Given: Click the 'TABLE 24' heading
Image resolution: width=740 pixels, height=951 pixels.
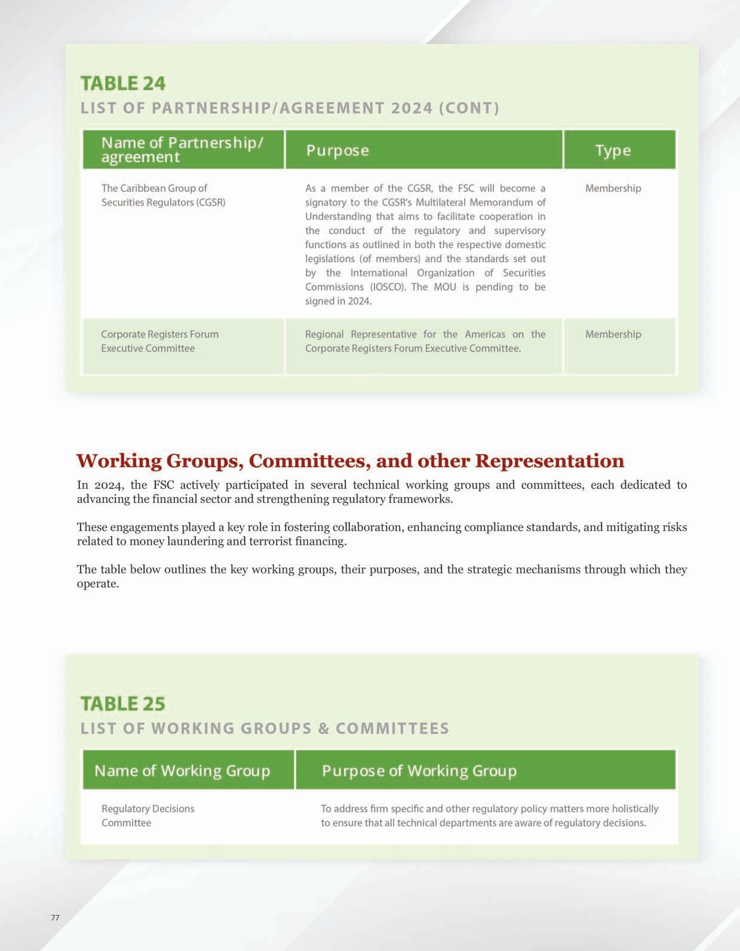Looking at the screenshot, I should coord(123,83).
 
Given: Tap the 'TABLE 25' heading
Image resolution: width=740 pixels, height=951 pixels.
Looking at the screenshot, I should coord(123,704).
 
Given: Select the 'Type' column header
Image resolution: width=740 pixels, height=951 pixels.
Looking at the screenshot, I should coord(613,151).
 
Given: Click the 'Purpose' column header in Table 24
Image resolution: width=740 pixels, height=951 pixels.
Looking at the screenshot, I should coord(337,151).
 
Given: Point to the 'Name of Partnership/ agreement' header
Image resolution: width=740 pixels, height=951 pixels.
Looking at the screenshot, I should coord(182,149).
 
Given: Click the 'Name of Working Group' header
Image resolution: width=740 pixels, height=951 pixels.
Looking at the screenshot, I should coord(182,771).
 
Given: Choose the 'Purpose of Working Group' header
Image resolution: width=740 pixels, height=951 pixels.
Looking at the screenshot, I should coord(419,771).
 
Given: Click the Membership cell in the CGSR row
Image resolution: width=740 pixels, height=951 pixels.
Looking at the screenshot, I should coord(613,188).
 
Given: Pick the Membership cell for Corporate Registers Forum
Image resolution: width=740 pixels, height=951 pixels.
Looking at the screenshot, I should coord(613,335).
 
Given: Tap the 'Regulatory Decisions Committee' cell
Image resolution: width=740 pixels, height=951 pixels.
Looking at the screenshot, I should coord(148,815).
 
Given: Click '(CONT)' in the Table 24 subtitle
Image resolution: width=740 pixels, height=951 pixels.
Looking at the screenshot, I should coord(469,108).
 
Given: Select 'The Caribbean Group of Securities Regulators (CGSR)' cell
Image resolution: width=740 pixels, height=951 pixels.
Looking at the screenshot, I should coord(163,195).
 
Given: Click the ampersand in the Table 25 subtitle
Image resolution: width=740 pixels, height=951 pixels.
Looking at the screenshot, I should coord(324,729).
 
